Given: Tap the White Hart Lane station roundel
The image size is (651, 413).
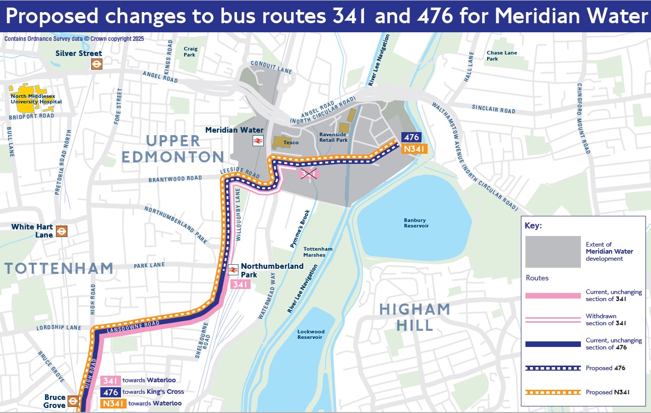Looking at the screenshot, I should [62, 231].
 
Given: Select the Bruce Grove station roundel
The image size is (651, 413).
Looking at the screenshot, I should [73, 401].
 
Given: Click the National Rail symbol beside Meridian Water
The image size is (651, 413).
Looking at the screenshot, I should [258, 141].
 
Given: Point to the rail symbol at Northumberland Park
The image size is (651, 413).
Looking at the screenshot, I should [233, 270].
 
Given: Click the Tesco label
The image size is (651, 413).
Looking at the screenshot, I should [290, 143].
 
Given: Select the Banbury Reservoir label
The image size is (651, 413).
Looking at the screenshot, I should [416, 223].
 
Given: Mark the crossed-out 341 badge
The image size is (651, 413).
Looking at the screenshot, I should [309, 174].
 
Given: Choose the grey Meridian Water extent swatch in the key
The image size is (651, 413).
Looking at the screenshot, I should [553, 252].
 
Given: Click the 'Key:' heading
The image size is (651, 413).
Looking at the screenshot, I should [534, 226].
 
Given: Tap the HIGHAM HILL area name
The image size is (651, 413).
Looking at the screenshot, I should [415, 317].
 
